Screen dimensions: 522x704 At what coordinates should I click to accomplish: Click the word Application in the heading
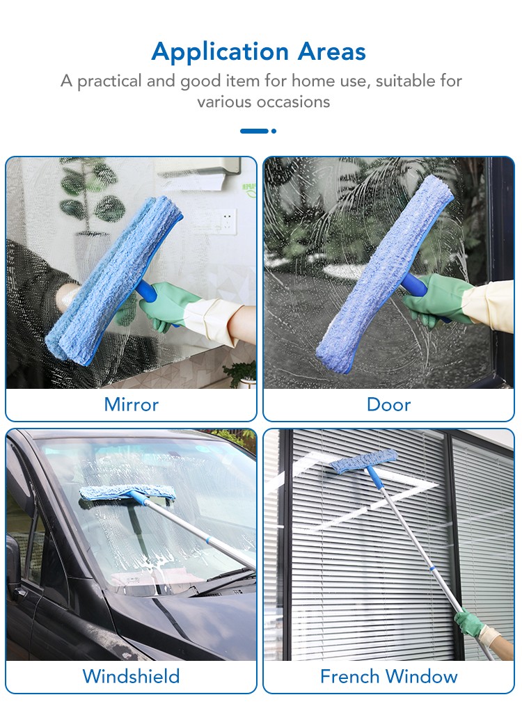(x=220, y=52)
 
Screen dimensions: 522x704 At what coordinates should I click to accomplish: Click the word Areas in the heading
(x=332, y=51)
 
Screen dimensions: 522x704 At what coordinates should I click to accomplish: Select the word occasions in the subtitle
(x=287, y=102)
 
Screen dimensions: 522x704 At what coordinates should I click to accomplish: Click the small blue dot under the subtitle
(x=274, y=131)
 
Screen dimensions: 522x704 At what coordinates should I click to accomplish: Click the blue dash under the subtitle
(x=254, y=131)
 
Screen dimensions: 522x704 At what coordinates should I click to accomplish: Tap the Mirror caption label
(x=131, y=405)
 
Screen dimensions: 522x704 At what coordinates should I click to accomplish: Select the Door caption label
(x=388, y=405)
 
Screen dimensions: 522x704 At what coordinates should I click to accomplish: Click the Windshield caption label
(x=131, y=676)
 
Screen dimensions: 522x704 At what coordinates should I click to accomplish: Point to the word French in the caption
(x=349, y=676)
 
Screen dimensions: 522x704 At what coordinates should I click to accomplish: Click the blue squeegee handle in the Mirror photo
(x=145, y=291)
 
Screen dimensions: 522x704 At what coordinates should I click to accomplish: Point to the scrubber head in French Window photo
(x=364, y=461)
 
